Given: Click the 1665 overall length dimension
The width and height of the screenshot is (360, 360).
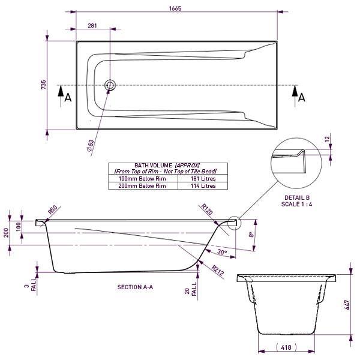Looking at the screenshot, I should (175, 9).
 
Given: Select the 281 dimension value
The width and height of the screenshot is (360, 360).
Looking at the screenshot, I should (92, 26).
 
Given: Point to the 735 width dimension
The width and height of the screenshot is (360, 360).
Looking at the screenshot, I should (43, 85).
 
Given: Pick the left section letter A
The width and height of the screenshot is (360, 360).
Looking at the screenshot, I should (68, 97).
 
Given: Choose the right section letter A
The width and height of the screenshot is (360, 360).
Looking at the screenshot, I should (302, 97).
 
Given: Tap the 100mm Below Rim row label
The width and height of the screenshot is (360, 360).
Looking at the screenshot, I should (143, 179).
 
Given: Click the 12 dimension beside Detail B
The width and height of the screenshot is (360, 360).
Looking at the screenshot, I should (327, 139).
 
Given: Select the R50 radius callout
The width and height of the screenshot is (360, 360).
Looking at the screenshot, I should (52, 209).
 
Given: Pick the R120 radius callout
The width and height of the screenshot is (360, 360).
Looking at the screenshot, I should (208, 209).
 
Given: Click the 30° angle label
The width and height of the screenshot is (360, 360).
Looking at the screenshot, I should (222, 253).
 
